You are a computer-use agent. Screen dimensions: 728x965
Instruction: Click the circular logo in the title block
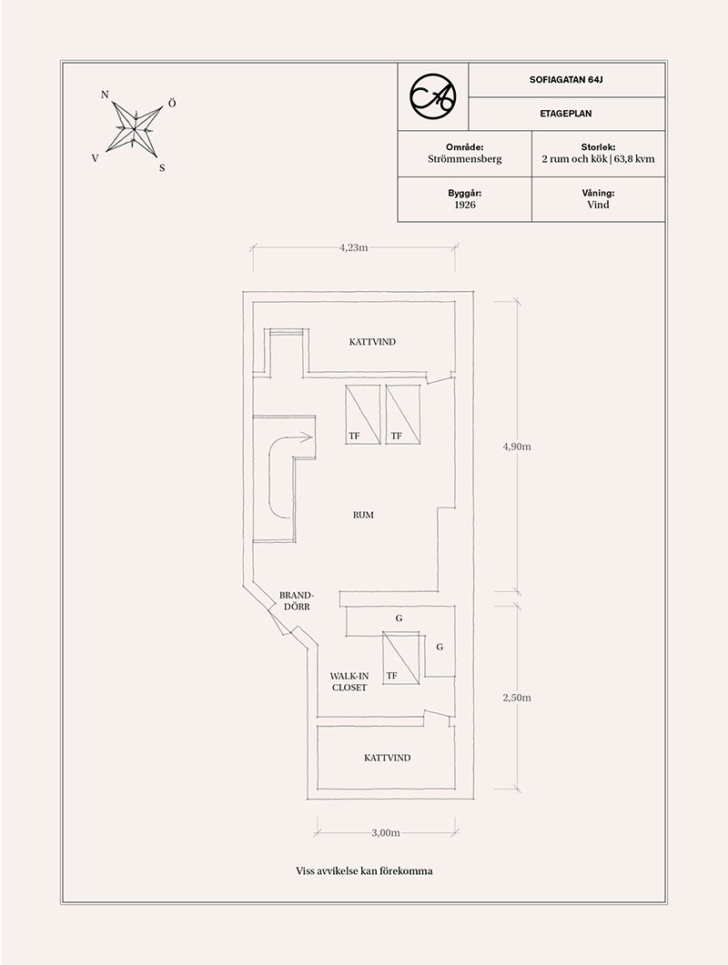pyautogui.click(x=433, y=96)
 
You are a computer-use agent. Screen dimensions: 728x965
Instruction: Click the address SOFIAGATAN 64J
pyautogui.click(x=566, y=79)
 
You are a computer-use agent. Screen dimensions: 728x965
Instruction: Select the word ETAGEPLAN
pyautogui.click(x=566, y=114)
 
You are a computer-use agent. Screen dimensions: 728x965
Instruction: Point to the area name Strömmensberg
pyautogui.click(x=464, y=159)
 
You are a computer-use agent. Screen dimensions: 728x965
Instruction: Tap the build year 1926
pyautogui.click(x=464, y=205)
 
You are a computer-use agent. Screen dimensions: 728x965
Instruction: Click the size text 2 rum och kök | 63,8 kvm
pyautogui.click(x=598, y=159)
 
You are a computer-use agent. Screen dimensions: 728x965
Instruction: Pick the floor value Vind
pyautogui.click(x=598, y=205)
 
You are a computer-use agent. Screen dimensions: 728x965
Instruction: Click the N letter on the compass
pyautogui.click(x=105, y=95)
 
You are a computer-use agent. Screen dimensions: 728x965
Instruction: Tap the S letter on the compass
pyautogui.click(x=162, y=167)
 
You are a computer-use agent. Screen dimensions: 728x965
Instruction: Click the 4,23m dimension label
pyautogui.click(x=353, y=247)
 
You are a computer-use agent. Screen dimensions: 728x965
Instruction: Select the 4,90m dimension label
pyautogui.click(x=517, y=447)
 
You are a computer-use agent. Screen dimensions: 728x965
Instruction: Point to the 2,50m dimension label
pyautogui.click(x=517, y=698)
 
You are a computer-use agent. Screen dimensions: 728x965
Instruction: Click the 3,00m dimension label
pyautogui.click(x=386, y=833)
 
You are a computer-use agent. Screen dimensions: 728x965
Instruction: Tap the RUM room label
pyautogui.click(x=363, y=515)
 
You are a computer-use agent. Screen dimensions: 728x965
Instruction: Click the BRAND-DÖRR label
pyautogui.click(x=297, y=600)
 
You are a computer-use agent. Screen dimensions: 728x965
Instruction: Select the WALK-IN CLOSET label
pyautogui.click(x=349, y=682)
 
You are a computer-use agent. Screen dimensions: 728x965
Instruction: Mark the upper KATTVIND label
pyautogui.click(x=372, y=342)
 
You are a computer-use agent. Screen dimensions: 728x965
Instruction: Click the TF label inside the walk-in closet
pyautogui.click(x=391, y=676)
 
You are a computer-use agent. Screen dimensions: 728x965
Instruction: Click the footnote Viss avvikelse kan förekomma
pyautogui.click(x=364, y=870)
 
